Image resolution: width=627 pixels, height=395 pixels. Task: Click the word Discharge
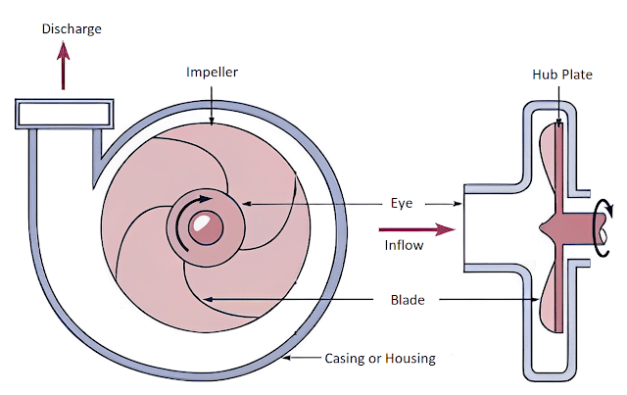[72, 29]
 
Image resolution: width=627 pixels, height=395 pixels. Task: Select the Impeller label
[212, 73]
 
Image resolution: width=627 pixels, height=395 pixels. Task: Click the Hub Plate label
[561, 74]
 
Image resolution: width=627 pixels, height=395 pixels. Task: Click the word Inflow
[404, 245]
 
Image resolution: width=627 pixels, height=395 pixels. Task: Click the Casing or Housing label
[378, 358]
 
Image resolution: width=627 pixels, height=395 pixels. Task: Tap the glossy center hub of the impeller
[205, 226]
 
